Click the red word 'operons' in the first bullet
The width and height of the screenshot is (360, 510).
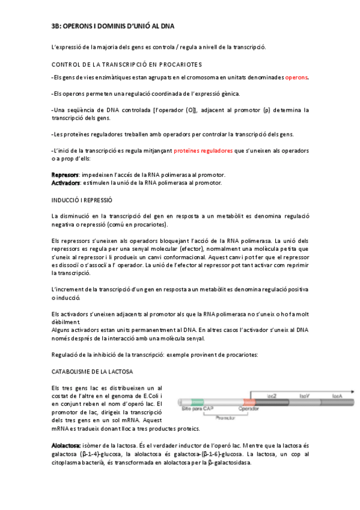[x=296, y=78]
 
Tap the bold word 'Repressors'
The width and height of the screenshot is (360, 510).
[x=66, y=174]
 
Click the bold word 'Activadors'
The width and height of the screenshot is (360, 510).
[x=66, y=182]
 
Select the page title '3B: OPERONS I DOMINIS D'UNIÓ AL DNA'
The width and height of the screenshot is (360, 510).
[x=113, y=27]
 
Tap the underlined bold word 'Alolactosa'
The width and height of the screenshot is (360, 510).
[x=68, y=446]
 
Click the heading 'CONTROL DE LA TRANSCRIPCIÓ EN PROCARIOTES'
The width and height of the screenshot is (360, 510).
[x=127, y=64]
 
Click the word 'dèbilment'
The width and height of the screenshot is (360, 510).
[x=67, y=322]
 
